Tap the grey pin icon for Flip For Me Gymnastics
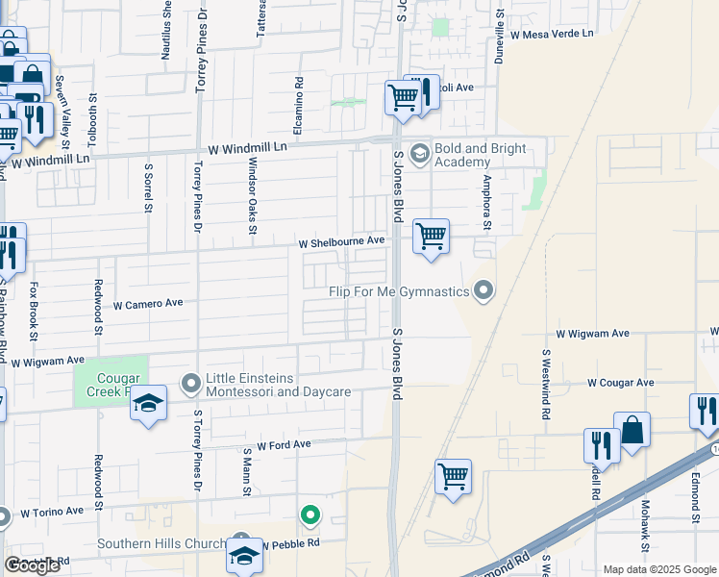[x=484, y=289]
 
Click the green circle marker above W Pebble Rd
[x=310, y=516]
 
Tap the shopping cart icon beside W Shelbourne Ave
[x=431, y=236]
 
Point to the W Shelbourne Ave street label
[x=341, y=241]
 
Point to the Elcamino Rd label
[x=299, y=106]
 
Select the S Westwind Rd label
[x=545, y=383]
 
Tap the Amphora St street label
[x=487, y=203]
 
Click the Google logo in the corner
[x=32, y=564]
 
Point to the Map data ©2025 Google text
[x=659, y=569]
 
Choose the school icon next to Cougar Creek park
[x=149, y=403]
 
